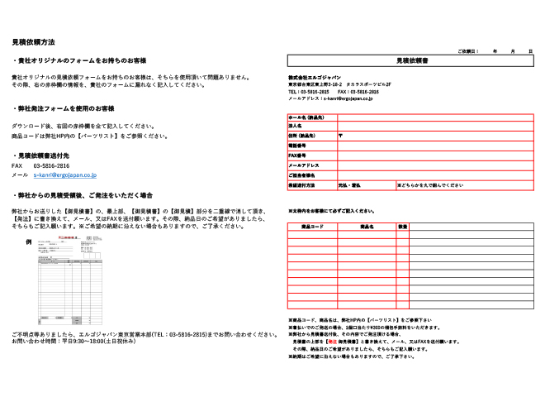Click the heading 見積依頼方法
(33, 41)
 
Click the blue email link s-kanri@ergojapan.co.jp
(65, 175)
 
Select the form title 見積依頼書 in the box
(410, 60)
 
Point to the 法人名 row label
(295, 125)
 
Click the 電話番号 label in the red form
(297, 145)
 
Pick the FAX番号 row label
(297, 155)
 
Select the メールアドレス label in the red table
(301, 165)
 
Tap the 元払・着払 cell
(350, 185)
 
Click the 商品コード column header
(312, 226)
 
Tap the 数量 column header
(402, 226)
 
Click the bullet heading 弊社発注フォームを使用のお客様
(66, 108)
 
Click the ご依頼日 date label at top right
(468, 51)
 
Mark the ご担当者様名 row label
(302, 175)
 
